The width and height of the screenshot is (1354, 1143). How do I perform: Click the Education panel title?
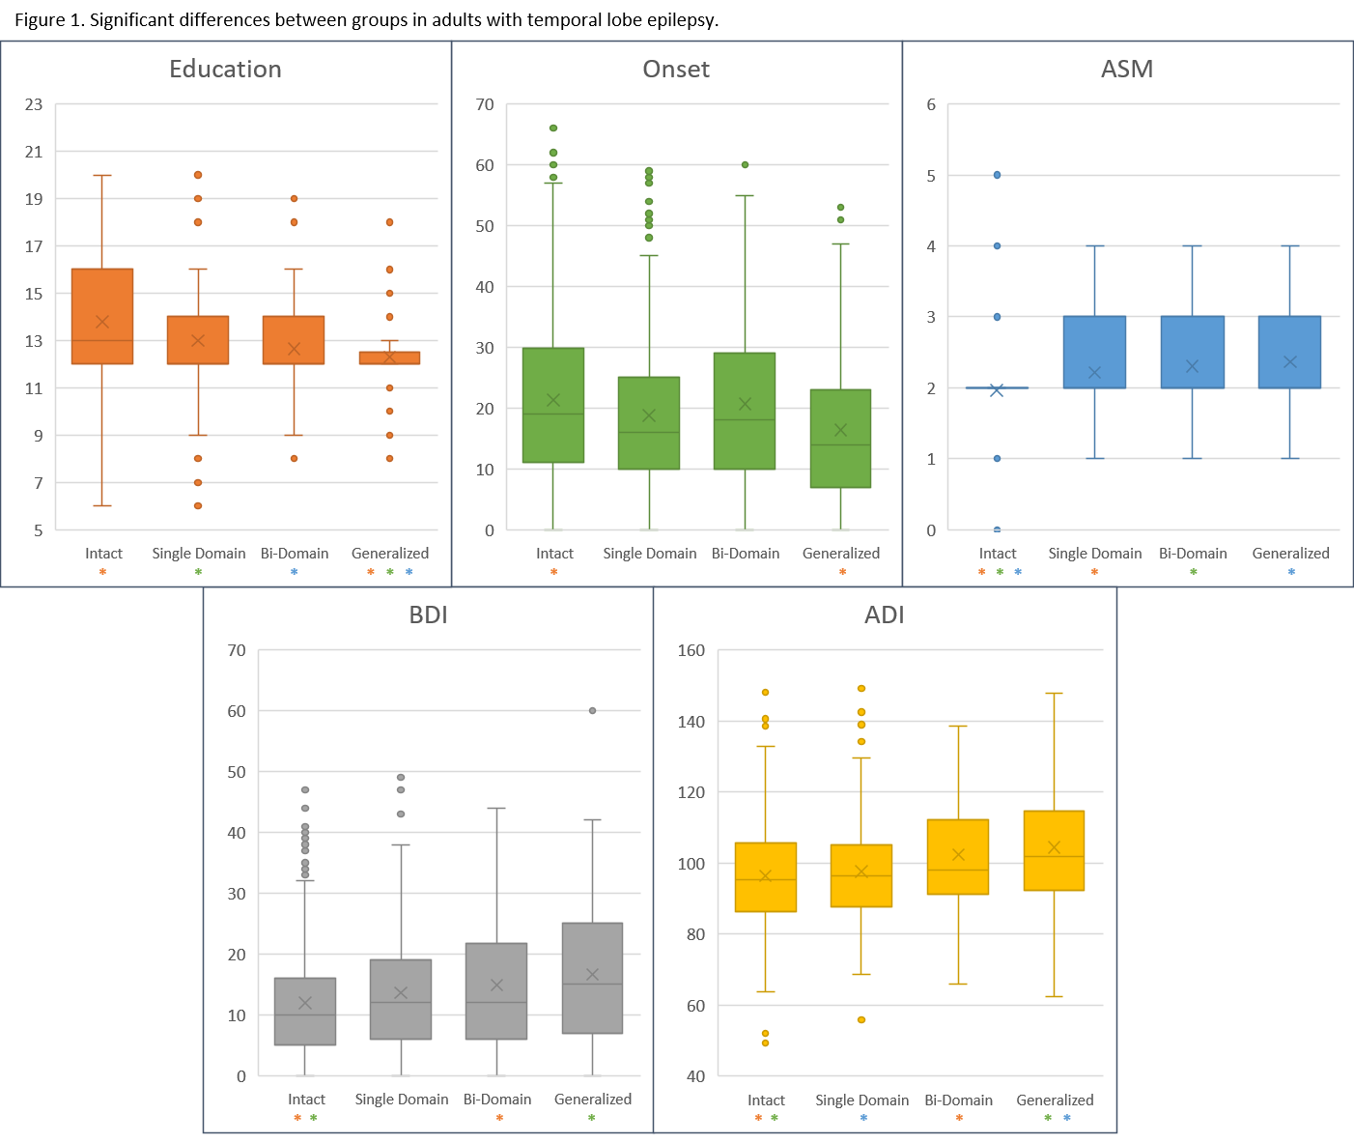pos(225,69)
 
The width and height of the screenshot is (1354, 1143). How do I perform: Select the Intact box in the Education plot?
pos(102,316)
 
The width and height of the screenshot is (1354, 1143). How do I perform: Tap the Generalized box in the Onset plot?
pos(840,438)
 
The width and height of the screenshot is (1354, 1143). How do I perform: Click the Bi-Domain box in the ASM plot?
pos(1193,352)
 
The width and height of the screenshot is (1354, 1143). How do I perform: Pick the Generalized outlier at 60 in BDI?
pos(592,710)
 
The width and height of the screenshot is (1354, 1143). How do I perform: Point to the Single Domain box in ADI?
pos(861,875)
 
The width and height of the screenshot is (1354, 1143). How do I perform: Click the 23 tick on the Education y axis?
pos(34,104)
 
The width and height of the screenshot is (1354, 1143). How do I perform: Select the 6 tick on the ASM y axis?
pos(931,104)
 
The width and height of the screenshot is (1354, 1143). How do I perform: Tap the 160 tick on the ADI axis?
pos(691,650)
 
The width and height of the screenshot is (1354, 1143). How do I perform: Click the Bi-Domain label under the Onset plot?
pos(746,554)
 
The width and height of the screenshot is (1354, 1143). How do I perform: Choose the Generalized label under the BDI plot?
pos(593,1100)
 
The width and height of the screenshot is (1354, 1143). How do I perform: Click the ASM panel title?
pos(1127,69)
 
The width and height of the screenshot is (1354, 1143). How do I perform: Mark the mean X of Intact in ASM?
pos(997,389)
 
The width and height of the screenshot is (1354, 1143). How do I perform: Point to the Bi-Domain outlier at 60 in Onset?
pos(745,164)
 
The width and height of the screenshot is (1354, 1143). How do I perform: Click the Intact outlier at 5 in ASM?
pos(997,175)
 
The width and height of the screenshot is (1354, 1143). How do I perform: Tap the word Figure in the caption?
pos(40,20)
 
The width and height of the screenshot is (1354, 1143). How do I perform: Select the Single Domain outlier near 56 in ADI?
pos(861,1019)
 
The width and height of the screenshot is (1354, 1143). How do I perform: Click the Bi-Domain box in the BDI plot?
pos(496,990)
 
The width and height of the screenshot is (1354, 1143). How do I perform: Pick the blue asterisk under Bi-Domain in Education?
pos(295,572)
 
